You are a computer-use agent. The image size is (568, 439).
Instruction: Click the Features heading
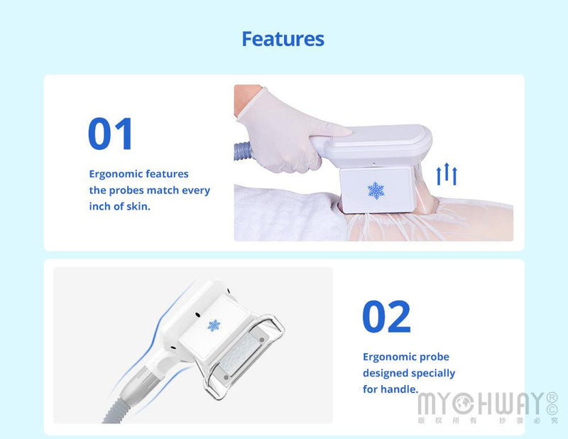click(283, 38)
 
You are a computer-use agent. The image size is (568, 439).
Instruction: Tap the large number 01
click(111, 134)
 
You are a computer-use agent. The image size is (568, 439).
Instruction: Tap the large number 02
click(386, 317)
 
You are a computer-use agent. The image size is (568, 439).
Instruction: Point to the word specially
click(432, 373)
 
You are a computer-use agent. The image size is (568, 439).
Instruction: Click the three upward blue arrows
click(447, 174)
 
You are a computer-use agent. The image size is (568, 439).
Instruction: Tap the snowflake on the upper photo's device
click(376, 190)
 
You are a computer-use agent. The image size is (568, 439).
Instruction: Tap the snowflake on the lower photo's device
click(213, 325)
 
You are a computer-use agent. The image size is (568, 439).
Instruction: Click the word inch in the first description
click(101, 207)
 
